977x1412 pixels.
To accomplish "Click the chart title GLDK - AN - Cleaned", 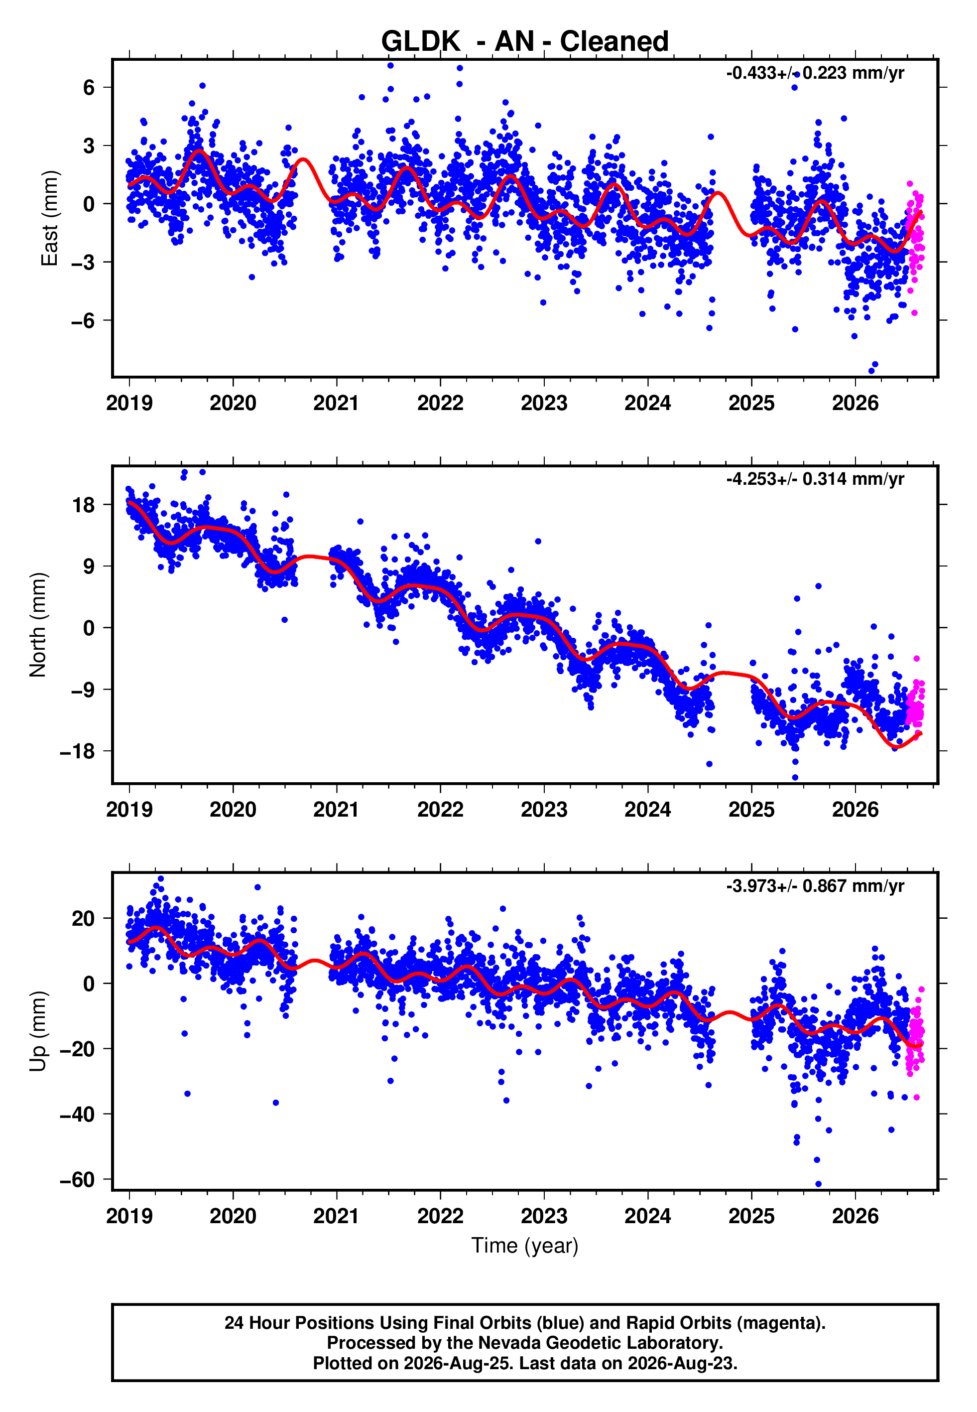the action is click(x=525, y=42).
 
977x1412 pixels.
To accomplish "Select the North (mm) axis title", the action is click(x=38, y=625).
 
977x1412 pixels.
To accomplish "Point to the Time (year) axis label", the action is click(x=525, y=1246).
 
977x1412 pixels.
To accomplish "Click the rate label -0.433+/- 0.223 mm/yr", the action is click(x=815, y=73).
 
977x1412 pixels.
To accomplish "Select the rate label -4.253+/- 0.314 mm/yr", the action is click(x=815, y=479).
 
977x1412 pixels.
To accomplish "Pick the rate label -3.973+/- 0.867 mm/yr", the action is click(x=815, y=886).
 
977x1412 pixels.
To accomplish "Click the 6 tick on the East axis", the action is click(x=89, y=88).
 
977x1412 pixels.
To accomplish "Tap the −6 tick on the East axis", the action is click(x=83, y=321).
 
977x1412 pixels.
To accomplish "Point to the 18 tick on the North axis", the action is click(x=84, y=505).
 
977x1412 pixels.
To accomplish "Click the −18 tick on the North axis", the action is click(x=78, y=751).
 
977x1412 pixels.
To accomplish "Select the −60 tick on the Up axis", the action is click(x=78, y=1180).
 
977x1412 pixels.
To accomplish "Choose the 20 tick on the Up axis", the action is click(x=84, y=918).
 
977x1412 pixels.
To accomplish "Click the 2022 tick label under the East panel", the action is click(x=440, y=403).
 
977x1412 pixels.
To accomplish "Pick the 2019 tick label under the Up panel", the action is click(x=129, y=1216).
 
